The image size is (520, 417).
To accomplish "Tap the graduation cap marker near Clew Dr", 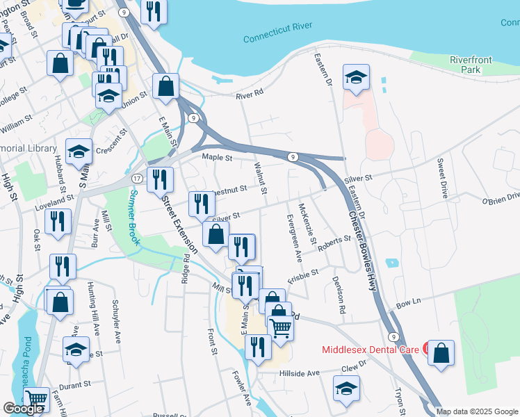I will (346, 389).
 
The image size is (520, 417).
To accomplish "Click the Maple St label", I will (216, 158).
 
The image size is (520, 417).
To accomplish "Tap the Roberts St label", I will (335, 243).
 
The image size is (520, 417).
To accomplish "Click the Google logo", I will (24, 409).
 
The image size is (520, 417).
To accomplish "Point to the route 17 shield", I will (136, 178).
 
